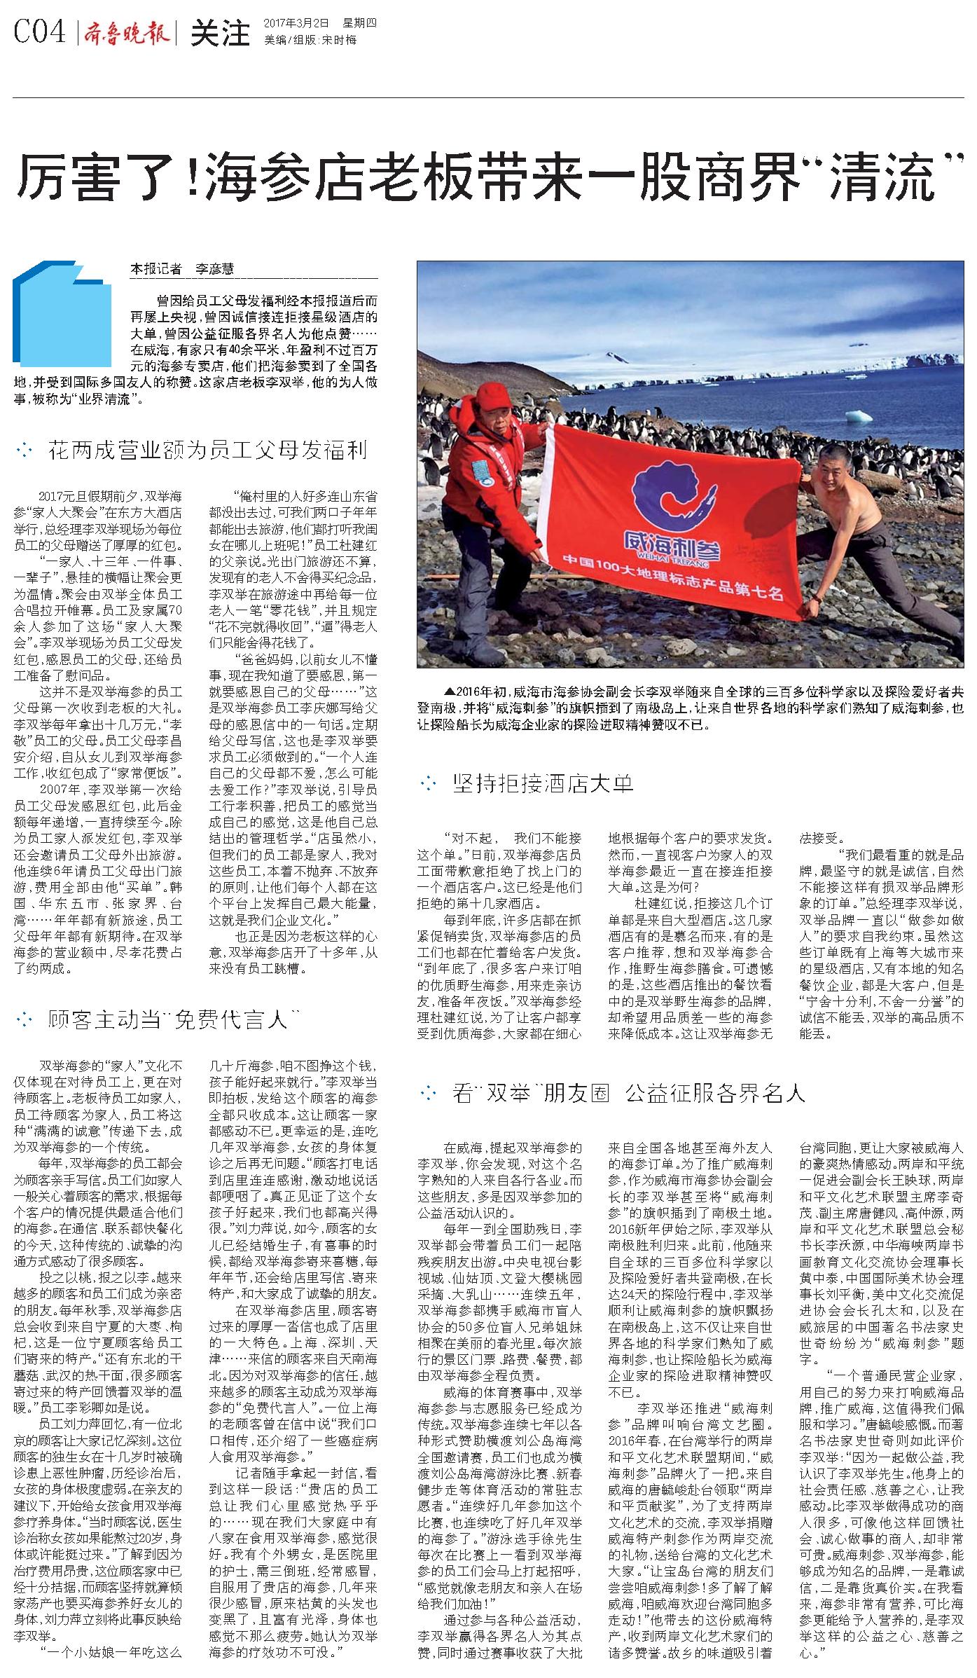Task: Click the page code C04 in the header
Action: (x=41, y=33)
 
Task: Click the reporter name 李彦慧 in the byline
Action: (x=214, y=269)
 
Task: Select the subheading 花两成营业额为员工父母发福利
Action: (x=207, y=450)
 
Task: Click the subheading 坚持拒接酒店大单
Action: (x=542, y=783)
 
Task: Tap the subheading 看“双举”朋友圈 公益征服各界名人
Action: (x=628, y=1093)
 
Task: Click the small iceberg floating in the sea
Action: (x=859, y=416)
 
